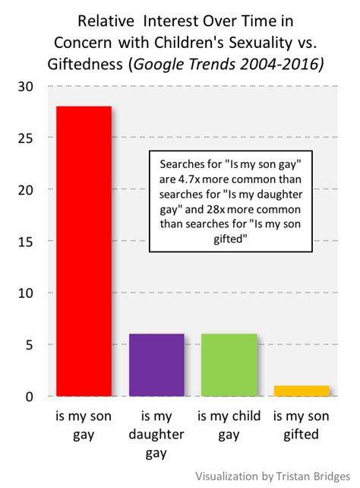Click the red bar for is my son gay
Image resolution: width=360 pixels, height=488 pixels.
point(85,251)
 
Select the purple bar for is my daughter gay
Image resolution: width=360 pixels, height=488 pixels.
point(156,365)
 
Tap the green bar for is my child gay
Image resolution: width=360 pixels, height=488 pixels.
point(229,365)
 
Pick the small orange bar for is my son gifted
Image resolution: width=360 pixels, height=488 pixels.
point(302,391)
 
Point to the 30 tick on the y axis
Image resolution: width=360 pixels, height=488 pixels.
point(27,86)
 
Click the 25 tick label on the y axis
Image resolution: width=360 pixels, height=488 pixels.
point(27,138)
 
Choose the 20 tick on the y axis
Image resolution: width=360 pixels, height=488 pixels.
point(27,189)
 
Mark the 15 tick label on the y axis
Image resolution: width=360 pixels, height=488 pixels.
point(27,241)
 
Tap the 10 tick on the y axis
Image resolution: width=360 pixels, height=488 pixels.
point(27,293)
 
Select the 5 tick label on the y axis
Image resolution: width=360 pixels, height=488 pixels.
point(30,344)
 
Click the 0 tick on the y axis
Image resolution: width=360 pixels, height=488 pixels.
point(30,396)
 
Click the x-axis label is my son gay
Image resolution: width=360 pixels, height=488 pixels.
point(84,426)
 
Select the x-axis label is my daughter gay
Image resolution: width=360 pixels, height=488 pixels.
point(156,435)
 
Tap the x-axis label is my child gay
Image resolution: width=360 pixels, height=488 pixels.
point(229,426)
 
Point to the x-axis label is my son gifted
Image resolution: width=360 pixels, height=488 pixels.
point(302,426)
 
